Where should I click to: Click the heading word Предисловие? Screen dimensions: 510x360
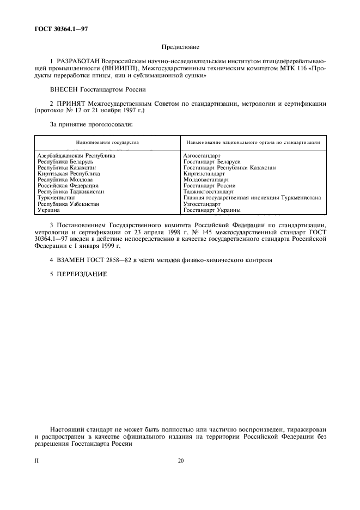point(180,47)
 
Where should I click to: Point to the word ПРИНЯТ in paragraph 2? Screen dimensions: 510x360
point(72,104)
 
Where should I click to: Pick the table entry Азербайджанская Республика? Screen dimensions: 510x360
point(76,155)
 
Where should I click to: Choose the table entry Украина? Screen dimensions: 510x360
point(48,210)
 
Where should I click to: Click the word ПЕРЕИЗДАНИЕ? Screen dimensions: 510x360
point(81,274)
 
